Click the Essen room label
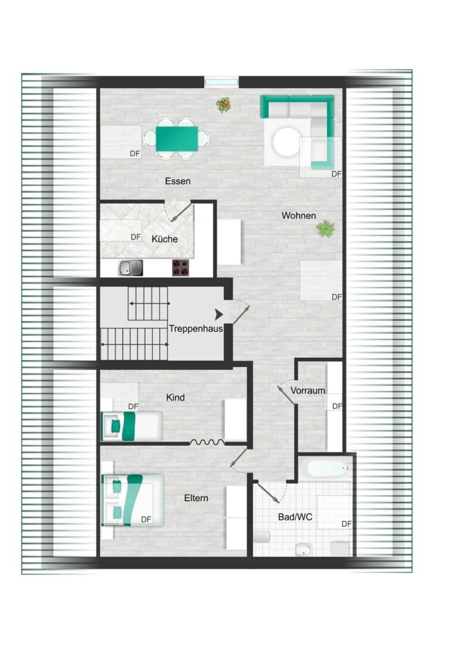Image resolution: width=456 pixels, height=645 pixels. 178,181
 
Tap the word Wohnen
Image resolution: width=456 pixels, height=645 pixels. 299,216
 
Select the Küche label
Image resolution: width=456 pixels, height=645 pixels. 164,239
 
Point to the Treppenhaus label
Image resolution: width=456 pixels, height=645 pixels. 196,328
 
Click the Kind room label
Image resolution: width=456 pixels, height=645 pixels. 175,397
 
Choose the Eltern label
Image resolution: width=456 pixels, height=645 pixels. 196,497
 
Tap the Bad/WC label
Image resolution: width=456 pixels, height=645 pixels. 295,517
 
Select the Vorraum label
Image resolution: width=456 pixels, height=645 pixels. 308,391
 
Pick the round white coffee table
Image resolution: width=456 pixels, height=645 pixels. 288,142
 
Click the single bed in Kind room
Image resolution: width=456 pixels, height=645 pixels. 132,426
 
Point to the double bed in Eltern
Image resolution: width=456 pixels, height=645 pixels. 133,500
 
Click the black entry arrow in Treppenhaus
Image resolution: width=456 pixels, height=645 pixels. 219,314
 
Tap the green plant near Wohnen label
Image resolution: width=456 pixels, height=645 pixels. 325,228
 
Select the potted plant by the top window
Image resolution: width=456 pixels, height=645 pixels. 224,106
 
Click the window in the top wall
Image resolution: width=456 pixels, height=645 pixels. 221,82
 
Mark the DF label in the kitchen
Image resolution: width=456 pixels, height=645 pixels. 135,237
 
